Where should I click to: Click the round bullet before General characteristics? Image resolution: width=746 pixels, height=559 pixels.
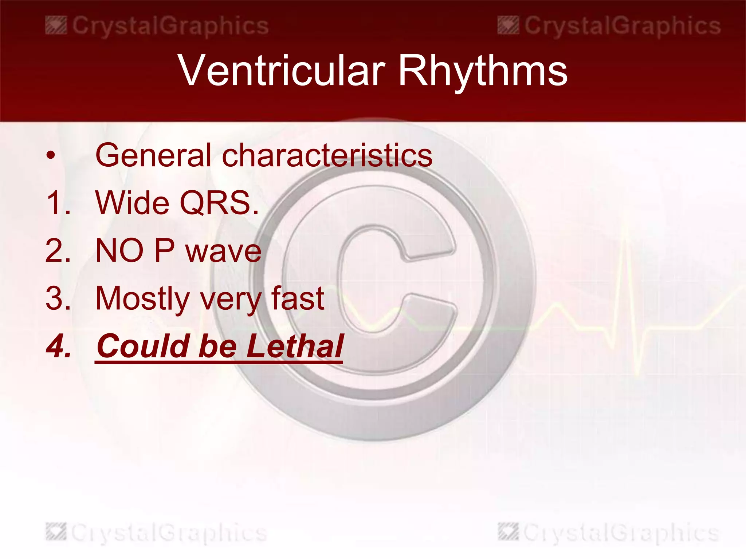point(51,156)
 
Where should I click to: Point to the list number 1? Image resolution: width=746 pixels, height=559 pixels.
point(58,203)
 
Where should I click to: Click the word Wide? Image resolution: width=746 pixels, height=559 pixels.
point(133,203)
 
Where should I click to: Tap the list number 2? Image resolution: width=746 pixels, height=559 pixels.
point(58,251)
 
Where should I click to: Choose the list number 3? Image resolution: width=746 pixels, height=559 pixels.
point(58,298)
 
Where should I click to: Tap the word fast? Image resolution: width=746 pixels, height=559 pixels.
point(298,298)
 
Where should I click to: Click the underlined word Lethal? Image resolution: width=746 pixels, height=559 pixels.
point(295,346)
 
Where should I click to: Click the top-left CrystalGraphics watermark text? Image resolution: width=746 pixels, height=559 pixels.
point(170,26)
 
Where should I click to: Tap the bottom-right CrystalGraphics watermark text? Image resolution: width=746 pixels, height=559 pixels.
point(621,533)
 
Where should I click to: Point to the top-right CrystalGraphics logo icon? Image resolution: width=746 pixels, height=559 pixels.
point(508,25)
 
